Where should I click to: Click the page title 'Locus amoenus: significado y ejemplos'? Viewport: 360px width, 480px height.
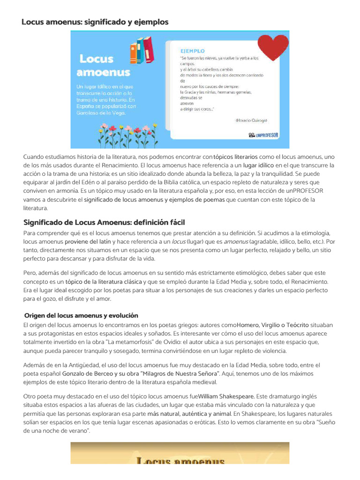pos(95,22)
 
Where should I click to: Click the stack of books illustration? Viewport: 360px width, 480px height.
pos(142,50)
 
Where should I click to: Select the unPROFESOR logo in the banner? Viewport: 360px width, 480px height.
pos(263,135)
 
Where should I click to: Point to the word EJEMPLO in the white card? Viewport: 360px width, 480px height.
pos(192,51)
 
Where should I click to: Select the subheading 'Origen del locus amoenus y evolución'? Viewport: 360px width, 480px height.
pos(81,315)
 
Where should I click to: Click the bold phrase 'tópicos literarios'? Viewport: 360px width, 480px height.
pos(235,157)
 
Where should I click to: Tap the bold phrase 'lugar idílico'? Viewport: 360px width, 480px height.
pos(258,165)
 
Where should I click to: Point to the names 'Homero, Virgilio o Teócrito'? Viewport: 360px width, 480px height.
pos(273,324)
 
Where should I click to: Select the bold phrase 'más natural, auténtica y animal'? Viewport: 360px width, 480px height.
pos(189,414)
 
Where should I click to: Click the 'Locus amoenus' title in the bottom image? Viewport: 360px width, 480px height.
pos(180,460)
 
